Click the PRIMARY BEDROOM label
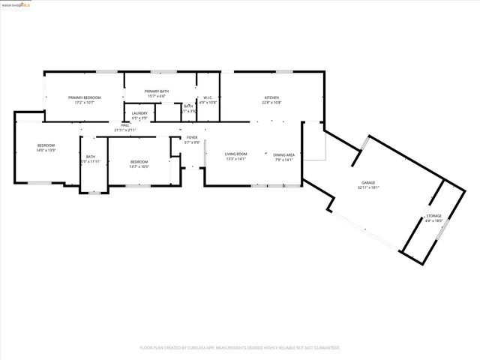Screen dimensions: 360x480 pyautogui.click(x=84, y=97)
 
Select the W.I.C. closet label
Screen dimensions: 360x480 pyautogui.click(x=208, y=97)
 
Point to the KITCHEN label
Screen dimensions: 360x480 pyautogui.click(x=271, y=97)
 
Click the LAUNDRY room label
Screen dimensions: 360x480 pyautogui.click(x=139, y=113)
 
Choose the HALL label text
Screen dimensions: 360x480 pyautogui.click(x=125, y=125)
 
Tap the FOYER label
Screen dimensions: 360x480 pyautogui.click(x=193, y=137)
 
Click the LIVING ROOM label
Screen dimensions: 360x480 pyautogui.click(x=236, y=154)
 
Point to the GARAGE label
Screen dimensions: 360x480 pyautogui.click(x=368, y=183)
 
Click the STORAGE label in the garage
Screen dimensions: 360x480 pyautogui.click(x=434, y=216)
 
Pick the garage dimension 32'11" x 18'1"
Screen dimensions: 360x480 pyautogui.click(x=368, y=187)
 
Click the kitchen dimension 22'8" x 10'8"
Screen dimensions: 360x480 pyautogui.click(x=271, y=102)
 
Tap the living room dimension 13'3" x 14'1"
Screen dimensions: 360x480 pyautogui.click(x=236, y=158)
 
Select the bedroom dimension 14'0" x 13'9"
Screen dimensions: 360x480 pyautogui.click(x=46, y=150)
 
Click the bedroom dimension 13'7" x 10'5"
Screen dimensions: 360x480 pyautogui.click(x=139, y=166)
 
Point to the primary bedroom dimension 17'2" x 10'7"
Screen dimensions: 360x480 pyautogui.click(x=84, y=102)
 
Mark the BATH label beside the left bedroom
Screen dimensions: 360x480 pyautogui.click(x=90, y=157)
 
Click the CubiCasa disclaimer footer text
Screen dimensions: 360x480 pyautogui.click(x=239, y=348)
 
